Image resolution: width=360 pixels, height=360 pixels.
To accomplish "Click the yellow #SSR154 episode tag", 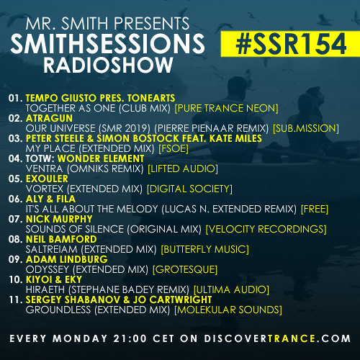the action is [x=290, y=44].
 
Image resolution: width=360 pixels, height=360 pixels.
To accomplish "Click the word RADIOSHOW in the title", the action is [x=108, y=65].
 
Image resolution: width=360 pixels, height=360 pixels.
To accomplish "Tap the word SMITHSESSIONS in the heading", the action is [x=108, y=43].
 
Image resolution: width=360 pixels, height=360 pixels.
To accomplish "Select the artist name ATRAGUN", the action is [x=49, y=118].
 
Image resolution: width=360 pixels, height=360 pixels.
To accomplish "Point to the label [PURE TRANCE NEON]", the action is [x=226, y=109].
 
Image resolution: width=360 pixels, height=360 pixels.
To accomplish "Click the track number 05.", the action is [x=15, y=179].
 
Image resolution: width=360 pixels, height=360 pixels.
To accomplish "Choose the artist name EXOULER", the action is [x=47, y=179].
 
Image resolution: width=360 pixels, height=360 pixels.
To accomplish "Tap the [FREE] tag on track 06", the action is [x=315, y=209].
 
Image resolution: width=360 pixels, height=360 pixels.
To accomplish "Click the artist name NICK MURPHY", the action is [x=59, y=219].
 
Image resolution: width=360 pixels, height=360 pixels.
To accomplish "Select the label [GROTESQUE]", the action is [x=185, y=269].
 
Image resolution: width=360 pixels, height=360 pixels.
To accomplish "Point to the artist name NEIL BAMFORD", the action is [x=61, y=239].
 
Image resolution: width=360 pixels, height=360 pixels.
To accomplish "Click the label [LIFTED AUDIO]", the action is [x=183, y=168].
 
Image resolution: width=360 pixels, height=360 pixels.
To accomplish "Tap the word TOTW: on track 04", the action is [x=40, y=158].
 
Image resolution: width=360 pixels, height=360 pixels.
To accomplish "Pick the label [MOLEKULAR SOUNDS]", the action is [x=228, y=310].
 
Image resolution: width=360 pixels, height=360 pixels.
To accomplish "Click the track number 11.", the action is [x=16, y=300].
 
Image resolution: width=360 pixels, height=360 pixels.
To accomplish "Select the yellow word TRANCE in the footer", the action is [x=292, y=338].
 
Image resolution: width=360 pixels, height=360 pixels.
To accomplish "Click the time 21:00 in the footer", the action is [x=130, y=338].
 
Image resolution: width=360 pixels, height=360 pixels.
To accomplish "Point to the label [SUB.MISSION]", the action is [x=306, y=129].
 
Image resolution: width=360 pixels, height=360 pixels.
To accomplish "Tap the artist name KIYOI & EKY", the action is [x=54, y=279].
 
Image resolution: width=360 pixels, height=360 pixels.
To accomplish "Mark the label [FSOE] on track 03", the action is [x=174, y=149].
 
